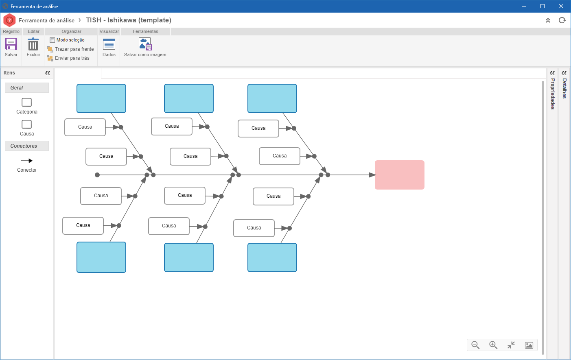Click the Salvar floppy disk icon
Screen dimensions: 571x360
(11, 44)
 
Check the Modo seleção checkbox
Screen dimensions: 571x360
(52, 40)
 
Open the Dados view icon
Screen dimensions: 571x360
(109, 44)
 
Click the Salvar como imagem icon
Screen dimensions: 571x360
(145, 44)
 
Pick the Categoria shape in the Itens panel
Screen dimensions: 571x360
(26, 103)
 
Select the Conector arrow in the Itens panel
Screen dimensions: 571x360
(27, 161)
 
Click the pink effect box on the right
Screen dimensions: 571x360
(399, 175)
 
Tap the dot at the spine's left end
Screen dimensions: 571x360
(97, 175)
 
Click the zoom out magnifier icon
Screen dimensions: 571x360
(475, 345)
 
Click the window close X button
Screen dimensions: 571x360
(561, 6)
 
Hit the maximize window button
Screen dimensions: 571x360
(543, 6)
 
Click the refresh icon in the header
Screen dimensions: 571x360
(562, 20)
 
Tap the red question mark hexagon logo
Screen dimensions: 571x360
(9, 20)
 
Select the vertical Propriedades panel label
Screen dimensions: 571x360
(552, 94)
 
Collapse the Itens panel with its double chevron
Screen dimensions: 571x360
(47, 73)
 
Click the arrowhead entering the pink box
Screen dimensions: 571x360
(372, 175)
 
